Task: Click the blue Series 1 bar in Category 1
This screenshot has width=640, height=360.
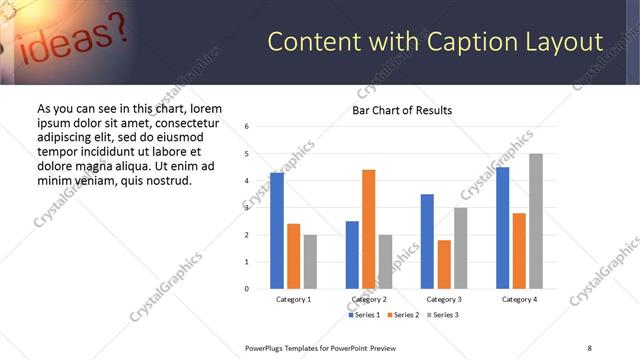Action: coord(277,231)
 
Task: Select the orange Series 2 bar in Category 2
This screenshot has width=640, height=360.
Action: coord(369,229)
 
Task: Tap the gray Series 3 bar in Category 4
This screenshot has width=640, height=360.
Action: coord(536,221)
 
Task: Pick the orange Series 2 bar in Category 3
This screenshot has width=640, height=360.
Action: coord(444,264)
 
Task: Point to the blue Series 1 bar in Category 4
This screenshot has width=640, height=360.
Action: coord(503,228)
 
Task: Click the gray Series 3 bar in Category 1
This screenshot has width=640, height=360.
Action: coord(310,262)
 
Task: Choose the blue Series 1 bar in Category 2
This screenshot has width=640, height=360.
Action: coord(352,255)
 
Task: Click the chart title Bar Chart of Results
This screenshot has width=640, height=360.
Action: coord(402,110)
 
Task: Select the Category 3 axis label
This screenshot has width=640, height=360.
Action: coord(444,299)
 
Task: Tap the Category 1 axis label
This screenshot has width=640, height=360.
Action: coord(293,299)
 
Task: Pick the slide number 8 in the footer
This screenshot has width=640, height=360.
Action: coord(589,347)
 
